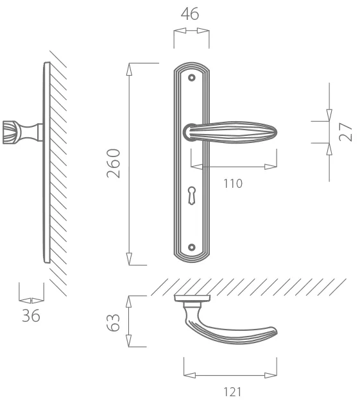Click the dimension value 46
pyautogui.click(x=190, y=14)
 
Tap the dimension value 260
pyautogui.click(x=113, y=163)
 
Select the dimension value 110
pyautogui.click(x=233, y=183)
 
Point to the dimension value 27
pyautogui.click(x=345, y=132)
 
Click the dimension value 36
pyautogui.click(x=31, y=315)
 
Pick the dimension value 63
pyautogui.click(x=113, y=322)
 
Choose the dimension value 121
pyautogui.click(x=232, y=392)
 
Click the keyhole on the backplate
pyautogui.click(x=192, y=196)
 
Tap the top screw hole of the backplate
pyautogui.click(x=192, y=78)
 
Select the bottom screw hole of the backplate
pyautogui.click(x=192, y=247)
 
